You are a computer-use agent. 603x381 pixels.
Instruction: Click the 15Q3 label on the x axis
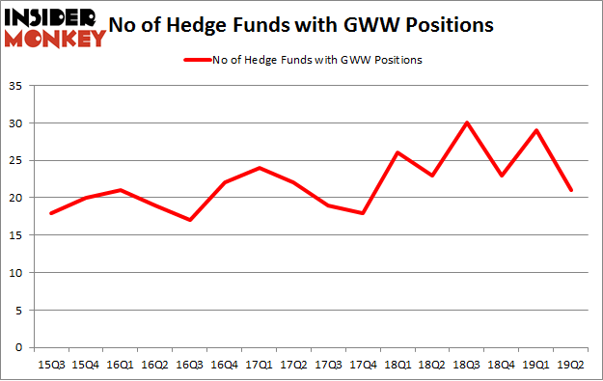click(x=51, y=365)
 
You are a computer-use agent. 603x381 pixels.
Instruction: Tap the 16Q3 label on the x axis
click(x=189, y=365)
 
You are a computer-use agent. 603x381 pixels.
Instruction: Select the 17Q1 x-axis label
click(x=259, y=365)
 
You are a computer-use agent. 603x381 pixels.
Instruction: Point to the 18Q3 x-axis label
click(x=467, y=365)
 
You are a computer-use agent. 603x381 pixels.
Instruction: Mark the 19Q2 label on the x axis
click(x=570, y=365)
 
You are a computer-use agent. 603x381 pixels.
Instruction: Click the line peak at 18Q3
click(x=467, y=123)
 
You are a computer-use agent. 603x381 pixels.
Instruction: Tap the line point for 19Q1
click(x=535, y=131)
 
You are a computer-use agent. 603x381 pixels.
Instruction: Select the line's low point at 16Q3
click(x=189, y=220)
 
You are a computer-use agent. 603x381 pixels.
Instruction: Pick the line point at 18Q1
click(x=397, y=153)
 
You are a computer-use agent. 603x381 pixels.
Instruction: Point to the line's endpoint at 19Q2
click(x=571, y=190)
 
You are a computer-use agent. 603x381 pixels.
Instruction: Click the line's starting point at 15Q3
click(x=51, y=212)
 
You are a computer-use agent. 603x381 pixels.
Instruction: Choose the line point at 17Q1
click(x=259, y=168)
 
